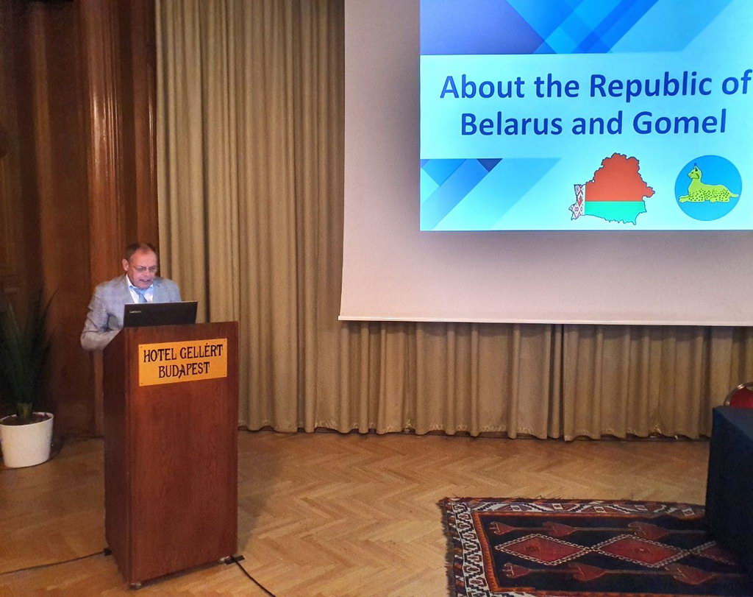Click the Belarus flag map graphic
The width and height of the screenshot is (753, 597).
click(x=612, y=188)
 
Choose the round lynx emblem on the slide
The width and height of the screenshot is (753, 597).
click(x=708, y=188)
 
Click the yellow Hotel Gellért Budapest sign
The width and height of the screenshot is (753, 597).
click(x=182, y=362)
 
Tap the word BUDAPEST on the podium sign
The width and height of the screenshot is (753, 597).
click(x=184, y=370)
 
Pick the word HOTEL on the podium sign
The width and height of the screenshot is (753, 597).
click(x=161, y=356)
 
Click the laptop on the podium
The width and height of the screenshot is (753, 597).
click(x=160, y=314)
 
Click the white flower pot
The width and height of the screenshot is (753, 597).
click(x=26, y=439)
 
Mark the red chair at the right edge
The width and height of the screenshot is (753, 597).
click(x=740, y=395)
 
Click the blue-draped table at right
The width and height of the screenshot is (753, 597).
click(x=730, y=481)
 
